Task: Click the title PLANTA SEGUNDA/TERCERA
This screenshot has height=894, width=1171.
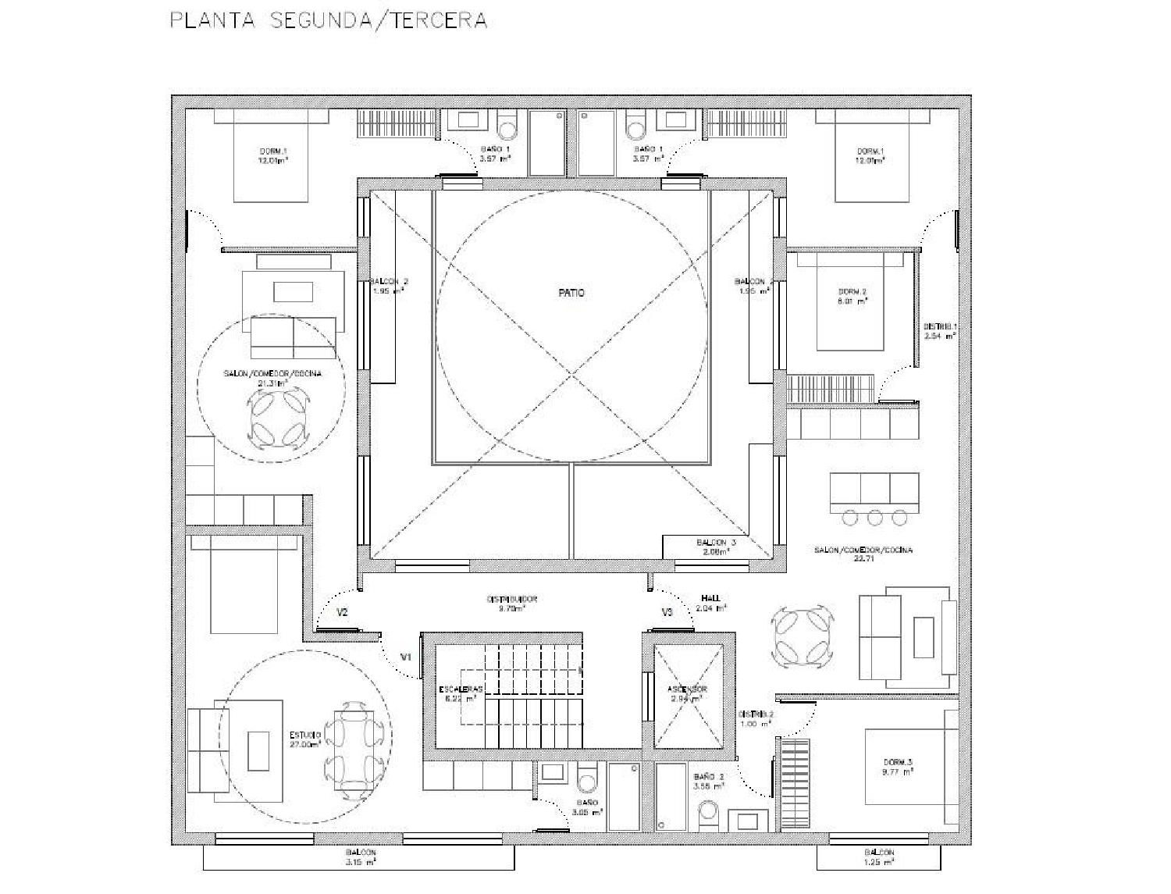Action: pyautogui.click(x=329, y=20)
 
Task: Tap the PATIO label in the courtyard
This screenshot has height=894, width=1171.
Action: pyautogui.click(x=571, y=293)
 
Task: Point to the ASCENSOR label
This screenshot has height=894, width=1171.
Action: pyautogui.click(x=688, y=694)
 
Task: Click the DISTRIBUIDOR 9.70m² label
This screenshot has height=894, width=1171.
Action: pyautogui.click(x=512, y=604)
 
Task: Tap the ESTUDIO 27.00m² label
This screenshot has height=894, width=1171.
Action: pyautogui.click(x=305, y=739)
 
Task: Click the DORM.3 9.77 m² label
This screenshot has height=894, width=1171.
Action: pyautogui.click(x=898, y=767)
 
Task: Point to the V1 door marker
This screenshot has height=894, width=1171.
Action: pyautogui.click(x=405, y=657)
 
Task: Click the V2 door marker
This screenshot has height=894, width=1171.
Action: pyautogui.click(x=342, y=613)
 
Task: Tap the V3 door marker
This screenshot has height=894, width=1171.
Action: pyautogui.click(x=667, y=613)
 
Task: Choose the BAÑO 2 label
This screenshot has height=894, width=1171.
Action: pyautogui.click(x=708, y=782)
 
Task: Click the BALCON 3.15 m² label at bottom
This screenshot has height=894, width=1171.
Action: pyautogui.click(x=361, y=857)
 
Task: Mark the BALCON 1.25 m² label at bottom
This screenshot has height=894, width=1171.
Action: pyautogui.click(x=879, y=857)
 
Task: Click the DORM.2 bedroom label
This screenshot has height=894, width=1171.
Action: pyautogui.click(x=852, y=295)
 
